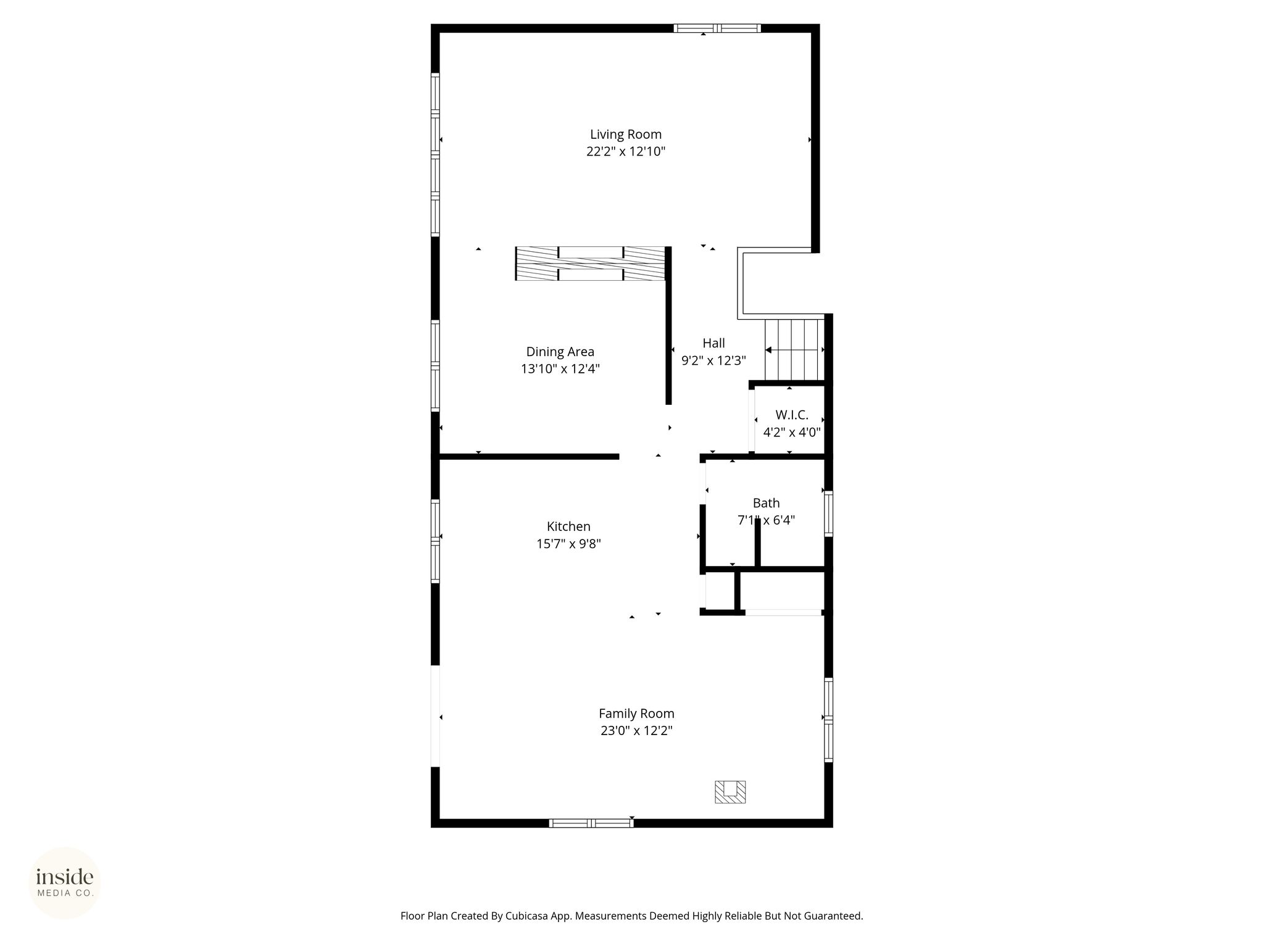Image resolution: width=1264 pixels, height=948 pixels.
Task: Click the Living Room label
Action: pos(625,135)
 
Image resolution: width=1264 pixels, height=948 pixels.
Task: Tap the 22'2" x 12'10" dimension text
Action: pos(625,152)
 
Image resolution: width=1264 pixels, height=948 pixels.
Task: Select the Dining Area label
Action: pos(560,352)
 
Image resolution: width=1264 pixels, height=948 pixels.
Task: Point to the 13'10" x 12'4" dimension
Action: pos(560,369)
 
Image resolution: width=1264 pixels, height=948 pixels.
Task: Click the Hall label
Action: pos(713,343)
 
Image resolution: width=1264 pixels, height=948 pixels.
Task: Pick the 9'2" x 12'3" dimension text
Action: pos(713,360)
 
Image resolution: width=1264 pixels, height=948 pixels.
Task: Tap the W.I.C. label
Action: pos(792,415)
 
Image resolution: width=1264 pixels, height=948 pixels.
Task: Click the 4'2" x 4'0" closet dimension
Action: pos(792,433)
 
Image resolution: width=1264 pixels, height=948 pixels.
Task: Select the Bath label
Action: pos(766,503)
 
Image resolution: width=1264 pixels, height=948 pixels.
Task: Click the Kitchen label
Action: pos(568,526)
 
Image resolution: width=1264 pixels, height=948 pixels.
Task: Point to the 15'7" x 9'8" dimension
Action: pos(568,544)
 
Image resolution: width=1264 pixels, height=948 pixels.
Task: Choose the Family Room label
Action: pos(636,713)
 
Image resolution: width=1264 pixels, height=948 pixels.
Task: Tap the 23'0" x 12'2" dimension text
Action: pos(636,731)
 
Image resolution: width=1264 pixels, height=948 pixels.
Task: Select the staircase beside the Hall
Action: pos(795,350)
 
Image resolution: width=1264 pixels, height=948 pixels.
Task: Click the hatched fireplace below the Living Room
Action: pos(591,264)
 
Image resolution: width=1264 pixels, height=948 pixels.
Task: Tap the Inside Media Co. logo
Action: pos(65,883)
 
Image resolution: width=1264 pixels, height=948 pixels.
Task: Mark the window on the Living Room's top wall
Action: pos(717,28)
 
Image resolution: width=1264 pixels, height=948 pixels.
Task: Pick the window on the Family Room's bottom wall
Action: pos(591,823)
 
